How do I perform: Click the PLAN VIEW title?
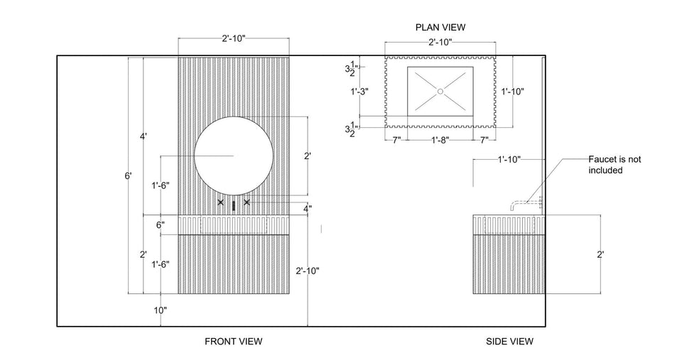point(440,27)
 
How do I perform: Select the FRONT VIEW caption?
point(233,342)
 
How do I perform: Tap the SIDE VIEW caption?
point(509,342)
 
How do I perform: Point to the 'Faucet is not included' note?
point(615,165)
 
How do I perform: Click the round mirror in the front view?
point(234,156)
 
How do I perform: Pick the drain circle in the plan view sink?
point(440,91)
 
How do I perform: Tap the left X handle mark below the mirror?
point(220,202)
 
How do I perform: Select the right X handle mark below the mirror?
point(247,202)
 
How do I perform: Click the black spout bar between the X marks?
point(234,205)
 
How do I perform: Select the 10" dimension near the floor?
point(160,310)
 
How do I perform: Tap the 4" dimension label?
point(307,209)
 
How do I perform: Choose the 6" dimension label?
point(161,225)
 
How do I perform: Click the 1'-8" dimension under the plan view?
point(440,140)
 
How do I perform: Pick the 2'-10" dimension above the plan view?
point(440,43)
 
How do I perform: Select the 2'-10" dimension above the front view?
point(233,39)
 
